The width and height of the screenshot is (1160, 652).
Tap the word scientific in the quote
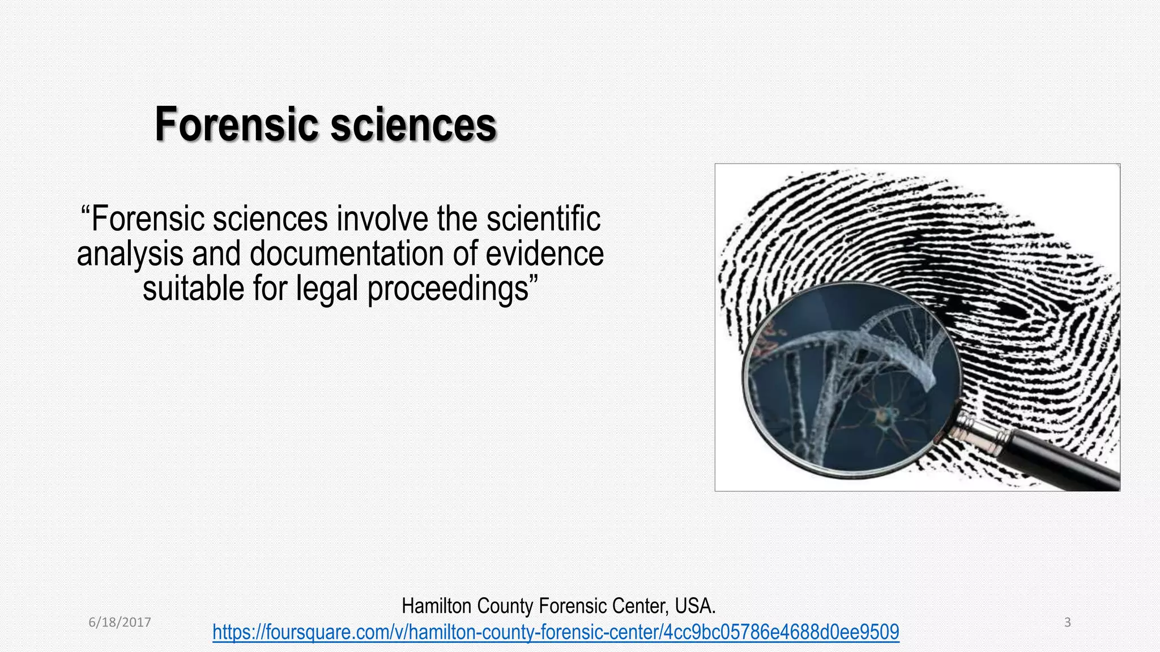point(543,219)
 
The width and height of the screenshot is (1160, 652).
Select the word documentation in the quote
point(346,254)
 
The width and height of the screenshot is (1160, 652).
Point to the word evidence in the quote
point(544,254)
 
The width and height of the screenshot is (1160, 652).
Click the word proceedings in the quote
point(448,289)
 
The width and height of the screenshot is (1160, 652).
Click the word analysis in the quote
point(130,254)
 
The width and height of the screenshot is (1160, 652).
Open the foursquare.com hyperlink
point(556,632)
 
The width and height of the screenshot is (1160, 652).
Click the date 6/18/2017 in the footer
point(120,623)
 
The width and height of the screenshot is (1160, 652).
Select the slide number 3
point(1067,623)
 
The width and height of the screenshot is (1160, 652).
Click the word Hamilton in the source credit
point(436,606)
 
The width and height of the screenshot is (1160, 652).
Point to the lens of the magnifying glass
point(850,379)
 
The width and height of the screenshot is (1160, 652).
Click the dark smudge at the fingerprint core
point(1014,308)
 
